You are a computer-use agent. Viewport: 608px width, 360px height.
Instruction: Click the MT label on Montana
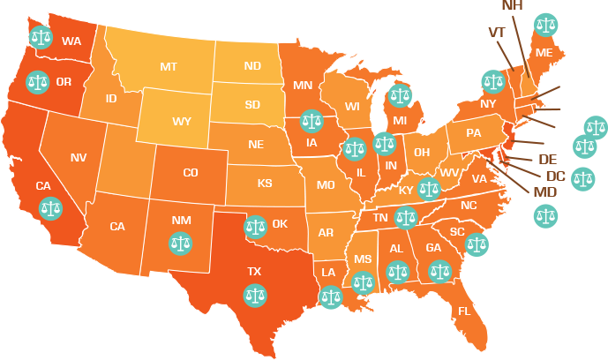[168, 66]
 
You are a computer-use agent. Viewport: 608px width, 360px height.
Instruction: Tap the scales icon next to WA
[41, 36]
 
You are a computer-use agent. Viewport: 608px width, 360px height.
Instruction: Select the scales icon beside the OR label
[37, 82]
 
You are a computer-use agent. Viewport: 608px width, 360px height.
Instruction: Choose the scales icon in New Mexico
[180, 241]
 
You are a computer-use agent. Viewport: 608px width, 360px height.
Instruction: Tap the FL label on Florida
[464, 311]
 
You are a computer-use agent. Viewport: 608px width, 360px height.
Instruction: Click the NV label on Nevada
[78, 157]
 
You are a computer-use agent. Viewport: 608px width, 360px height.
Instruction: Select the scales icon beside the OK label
[256, 226]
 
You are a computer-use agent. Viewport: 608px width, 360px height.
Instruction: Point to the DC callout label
[556, 176]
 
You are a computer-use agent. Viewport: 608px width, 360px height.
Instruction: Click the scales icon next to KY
[430, 188]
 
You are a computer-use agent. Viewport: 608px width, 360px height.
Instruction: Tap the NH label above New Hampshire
[513, 5]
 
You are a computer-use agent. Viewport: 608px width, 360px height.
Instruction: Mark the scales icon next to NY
[492, 82]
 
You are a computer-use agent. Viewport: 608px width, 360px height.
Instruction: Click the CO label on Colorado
[190, 173]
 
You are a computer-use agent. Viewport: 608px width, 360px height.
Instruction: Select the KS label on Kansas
[264, 184]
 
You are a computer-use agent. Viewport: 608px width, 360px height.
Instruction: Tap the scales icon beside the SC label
[477, 244]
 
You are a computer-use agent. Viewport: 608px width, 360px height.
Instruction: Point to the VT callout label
[496, 33]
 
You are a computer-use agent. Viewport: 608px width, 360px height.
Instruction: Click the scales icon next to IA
[311, 120]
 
